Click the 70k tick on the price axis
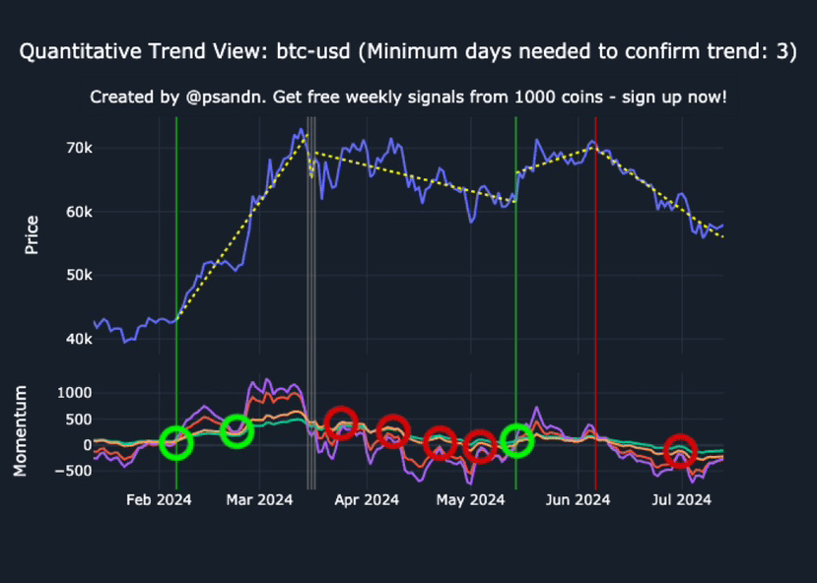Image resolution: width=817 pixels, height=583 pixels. point(78,148)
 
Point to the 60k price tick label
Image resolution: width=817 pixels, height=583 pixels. point(78,212)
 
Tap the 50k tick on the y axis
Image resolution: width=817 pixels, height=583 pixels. point(78,276)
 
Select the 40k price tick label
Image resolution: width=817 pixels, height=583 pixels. point(78,340)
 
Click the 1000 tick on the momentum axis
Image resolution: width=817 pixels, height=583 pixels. point(73,393)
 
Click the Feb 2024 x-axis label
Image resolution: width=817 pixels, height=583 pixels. point(158,500)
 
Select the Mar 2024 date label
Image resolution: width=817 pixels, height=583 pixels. point(261,500)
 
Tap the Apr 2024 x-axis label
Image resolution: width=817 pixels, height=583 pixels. point(367,500)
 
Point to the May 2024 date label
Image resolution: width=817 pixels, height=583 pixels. point(469,500)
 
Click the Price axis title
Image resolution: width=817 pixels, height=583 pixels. point(32,233)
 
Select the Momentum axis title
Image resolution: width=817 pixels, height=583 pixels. point(20,430)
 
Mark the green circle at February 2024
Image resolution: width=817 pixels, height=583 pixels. point(176,443)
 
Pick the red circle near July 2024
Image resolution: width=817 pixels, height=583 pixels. point(680,451)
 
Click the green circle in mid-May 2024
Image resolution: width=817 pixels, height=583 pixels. point(516,440)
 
